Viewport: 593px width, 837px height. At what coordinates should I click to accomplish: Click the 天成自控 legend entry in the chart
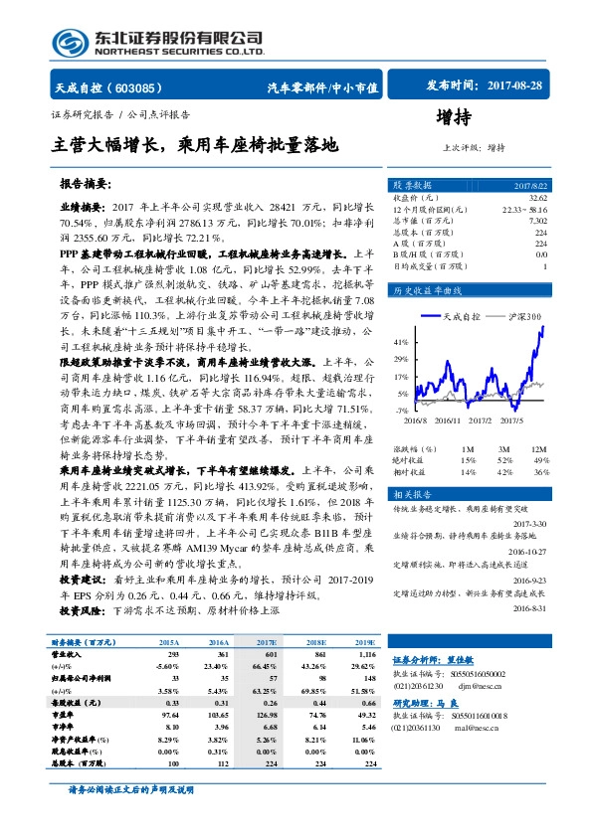tap(459, 315)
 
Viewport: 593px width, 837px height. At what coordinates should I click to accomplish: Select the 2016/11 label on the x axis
tap(446, 421)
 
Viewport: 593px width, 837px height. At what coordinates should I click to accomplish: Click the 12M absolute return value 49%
tap(539, 459)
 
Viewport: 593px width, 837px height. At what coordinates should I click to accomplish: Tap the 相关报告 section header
tap(411, 494)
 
